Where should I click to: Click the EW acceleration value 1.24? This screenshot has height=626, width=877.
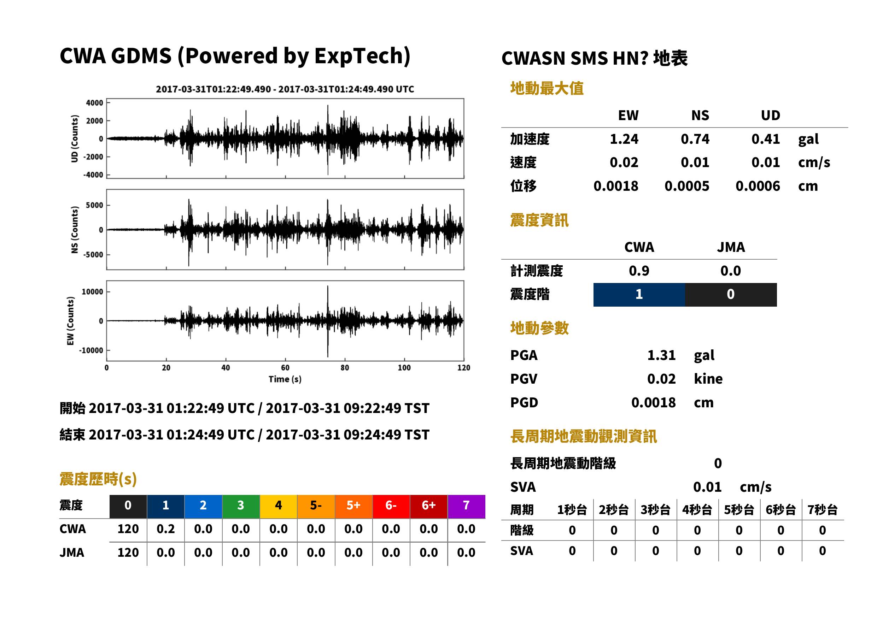click(x=624, y=139)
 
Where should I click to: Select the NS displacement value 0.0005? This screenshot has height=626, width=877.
click(x=686, y=186)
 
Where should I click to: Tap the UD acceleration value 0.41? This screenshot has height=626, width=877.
click(x=766, y=139)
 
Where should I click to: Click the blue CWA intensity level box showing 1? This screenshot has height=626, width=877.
click(x=639, y=295)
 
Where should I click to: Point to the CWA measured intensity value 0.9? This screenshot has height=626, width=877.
click(x=639, y=271)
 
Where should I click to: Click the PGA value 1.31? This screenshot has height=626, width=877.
click(x=661, y=355)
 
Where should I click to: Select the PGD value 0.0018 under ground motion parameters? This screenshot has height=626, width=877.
click(x=653, y=402)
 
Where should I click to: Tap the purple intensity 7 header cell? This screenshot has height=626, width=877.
click(x=466, y=506)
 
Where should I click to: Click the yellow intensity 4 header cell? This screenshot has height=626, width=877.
click(x=279, y=506)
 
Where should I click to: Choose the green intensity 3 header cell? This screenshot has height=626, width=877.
click(x=241, y=506)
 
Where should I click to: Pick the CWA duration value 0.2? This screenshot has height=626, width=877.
click(x=165, y=529)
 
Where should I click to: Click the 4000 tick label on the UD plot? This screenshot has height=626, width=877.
click(x=94, y=103)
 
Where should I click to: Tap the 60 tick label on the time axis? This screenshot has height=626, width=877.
click(x=285, y=368)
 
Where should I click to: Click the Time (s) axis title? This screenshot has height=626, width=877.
click(x=285, y=379)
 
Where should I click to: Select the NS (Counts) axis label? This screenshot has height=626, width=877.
click(x=75, y=230)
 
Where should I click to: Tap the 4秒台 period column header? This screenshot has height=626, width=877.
click(x=697, y=510)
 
